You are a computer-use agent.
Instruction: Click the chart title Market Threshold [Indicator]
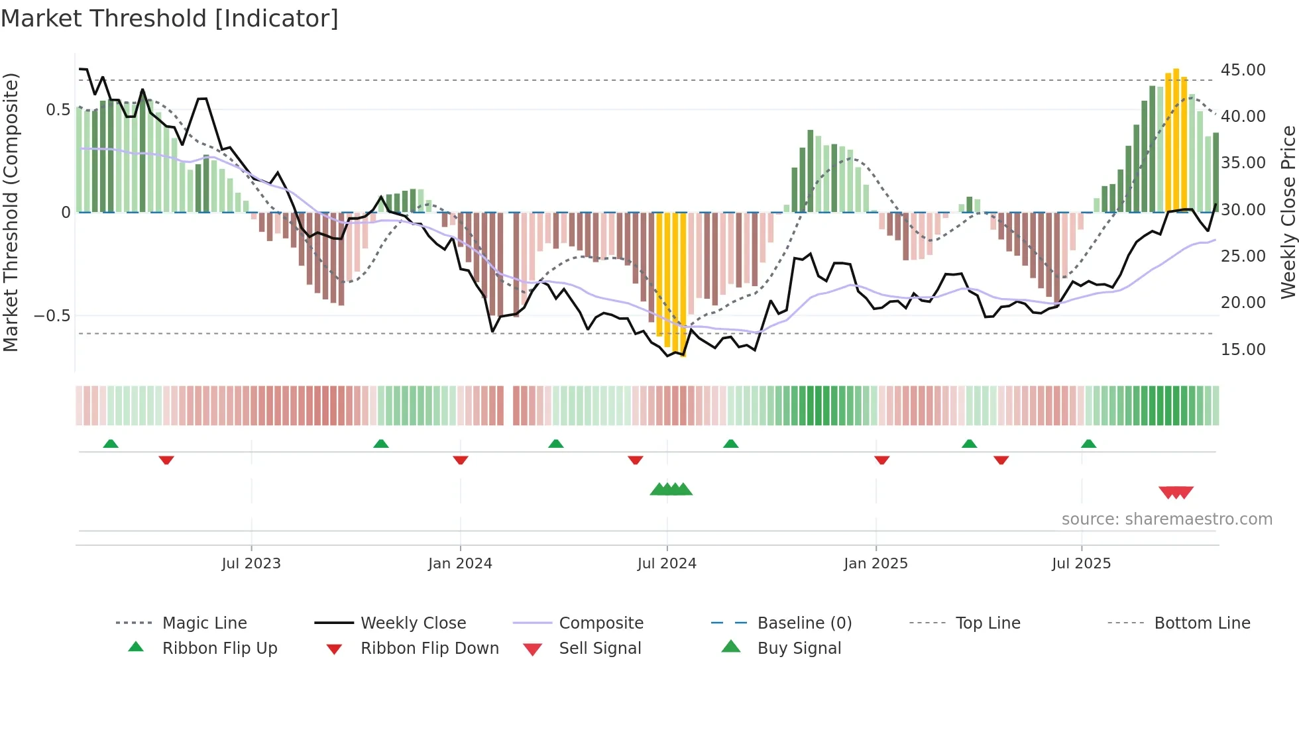pyautogui.click(x=170, y=19)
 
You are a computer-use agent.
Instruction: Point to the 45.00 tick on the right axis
pyautogui.click(x=1243, y=70)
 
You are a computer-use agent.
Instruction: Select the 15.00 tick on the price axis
pyautogui.click(x=1243, y=349)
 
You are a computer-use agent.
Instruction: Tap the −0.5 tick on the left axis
pyautogui.click(x=52, y=316)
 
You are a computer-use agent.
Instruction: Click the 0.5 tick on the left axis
pyautogui.click(x=58, y=110)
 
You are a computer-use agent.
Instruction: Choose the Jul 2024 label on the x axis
pyautogui.click(x=667, y=564)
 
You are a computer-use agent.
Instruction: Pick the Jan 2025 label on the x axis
pyautogui.click(x=875, y=564)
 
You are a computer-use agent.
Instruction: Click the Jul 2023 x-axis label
pyautogui.click(x=251, y=564)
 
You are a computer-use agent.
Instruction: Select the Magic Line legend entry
pyautogui.click(x=204, y=623)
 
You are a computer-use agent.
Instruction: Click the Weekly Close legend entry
pyautogui.click(x=413, y=623)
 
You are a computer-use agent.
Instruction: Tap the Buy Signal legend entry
pyautogui.click(x=799, y=649)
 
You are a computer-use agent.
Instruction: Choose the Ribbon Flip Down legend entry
pyautogui.click(x=429, y=649)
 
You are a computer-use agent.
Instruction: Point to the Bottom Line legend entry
pyautogui.click(x=1202, y=623)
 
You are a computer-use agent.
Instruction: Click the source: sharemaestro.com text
pyautogui.click(x=1166, y=519)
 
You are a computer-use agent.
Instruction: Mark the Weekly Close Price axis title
pyautogui.click(x=1288, y=212)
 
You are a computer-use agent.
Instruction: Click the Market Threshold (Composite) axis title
pyautogui.click(x=11, y=212)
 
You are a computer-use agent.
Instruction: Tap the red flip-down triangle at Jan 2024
pyautogui.click(x=461, y=460)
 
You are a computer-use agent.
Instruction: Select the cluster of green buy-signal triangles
pyautogui.click(x=671, y=490)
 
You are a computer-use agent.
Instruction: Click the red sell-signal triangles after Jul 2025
pyautogui.click(x=1176, y=492)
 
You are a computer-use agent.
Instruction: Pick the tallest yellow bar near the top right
pyautogui.click(x=1176, y=139)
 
